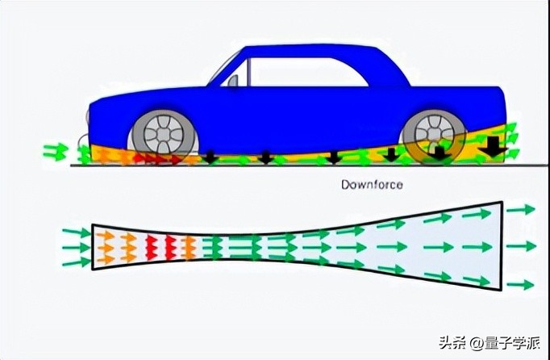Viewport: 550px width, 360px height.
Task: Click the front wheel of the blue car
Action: coord(163,132)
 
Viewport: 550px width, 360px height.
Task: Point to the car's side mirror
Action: coord(233,81)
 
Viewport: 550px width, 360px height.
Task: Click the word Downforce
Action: coord(372,185)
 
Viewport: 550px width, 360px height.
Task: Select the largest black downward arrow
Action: coord(491,148)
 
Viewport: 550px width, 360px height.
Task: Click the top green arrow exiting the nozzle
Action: coord(522,209)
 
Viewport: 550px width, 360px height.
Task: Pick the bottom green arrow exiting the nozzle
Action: coord(522,284)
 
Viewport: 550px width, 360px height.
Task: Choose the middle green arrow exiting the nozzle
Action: coord(522,246)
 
